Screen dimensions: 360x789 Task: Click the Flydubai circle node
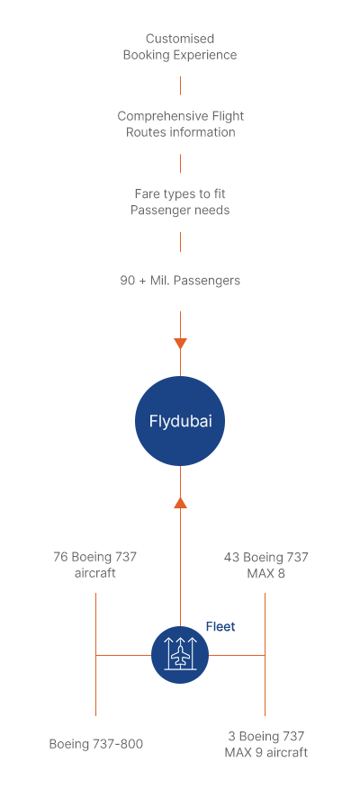pos(180,421)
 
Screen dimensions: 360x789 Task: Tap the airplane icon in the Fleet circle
pos(180,655)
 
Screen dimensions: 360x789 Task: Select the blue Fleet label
pos(220,626)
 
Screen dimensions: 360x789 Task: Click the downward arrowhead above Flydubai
pos(180,344)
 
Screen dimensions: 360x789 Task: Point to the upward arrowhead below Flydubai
pos(180,502)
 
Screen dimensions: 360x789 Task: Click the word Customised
pos(180,39)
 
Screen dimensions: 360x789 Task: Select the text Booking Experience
pos(180,55)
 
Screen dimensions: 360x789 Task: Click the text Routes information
pos(180,132)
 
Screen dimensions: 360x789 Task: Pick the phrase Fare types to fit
pos(180,193)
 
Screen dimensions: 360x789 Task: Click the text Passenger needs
pos(180,210)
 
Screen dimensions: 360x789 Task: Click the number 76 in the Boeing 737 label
pos(60,557)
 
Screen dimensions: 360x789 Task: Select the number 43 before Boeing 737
pos(231,557)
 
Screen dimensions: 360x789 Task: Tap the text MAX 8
pos(265,573)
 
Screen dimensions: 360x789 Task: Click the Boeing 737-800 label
pos(95,744)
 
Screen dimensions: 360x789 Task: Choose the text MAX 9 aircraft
pos(265,752)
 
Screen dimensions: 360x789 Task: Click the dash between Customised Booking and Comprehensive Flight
pos(180,85)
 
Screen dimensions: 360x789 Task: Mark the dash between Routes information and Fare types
pos(180,164)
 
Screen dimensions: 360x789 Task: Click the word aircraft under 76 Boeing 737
pos(94,573)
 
